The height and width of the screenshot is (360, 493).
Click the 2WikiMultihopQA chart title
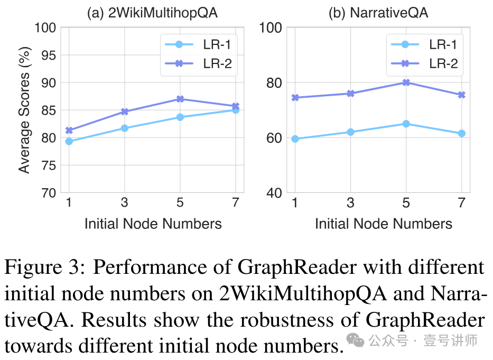pos(152,13)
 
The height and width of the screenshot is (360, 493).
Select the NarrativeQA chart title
pos(378,13)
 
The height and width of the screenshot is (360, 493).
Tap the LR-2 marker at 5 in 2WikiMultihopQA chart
pos(180,99)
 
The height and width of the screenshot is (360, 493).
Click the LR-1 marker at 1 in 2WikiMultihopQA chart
pos(69,141)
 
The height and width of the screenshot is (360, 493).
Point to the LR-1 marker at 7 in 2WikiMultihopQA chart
pos(236,110)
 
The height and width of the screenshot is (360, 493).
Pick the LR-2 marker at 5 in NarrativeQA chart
pos(406,82)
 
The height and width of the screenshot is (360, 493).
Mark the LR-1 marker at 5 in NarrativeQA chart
pos(406,124)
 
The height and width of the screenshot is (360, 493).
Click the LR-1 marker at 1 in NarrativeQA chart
pos(295,139)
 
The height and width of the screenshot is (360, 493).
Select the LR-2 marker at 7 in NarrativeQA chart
pos(461,95)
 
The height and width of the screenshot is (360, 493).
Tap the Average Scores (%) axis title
pos(24,110)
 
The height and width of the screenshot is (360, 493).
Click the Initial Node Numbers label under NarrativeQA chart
pos(384,224)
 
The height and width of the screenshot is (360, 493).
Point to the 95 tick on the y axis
pos(48,55)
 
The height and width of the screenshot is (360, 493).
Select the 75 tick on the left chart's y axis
pos(48,165)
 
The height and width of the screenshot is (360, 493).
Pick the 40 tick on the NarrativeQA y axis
pos(274,193)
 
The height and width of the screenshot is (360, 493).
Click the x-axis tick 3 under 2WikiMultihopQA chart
pos(124,204)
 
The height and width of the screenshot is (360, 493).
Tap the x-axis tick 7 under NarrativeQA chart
pos(461,204)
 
